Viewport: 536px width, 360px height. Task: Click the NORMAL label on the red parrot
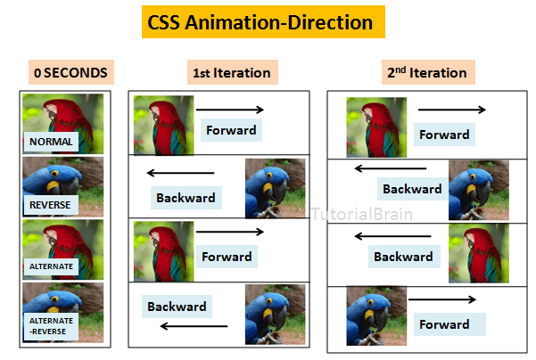pos(50,141)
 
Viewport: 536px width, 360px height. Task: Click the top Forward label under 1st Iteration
pos(231,130)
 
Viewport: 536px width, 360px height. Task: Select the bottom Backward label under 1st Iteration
pos(177,307)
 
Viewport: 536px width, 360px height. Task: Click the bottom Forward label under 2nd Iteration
pos(444,324)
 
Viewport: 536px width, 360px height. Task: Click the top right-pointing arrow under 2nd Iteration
pos(451,110)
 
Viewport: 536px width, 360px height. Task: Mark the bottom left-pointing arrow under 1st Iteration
pos(194,326)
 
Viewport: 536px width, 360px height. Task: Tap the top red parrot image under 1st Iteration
pos(162,126)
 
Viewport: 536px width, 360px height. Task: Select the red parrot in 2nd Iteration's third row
pos(478,254)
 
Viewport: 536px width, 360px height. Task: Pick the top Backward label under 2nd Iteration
pos(412,189)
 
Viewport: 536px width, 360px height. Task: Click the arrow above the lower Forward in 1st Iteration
pos(230,233)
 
